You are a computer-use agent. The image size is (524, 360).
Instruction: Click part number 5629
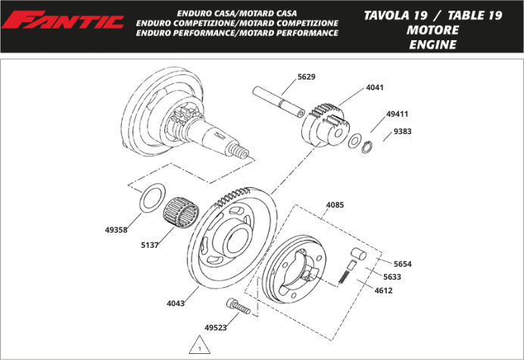point(307,77)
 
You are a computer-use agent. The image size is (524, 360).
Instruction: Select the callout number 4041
point(375,87)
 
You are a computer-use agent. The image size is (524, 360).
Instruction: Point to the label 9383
point(402,131)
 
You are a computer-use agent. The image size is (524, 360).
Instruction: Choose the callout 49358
point(116,228)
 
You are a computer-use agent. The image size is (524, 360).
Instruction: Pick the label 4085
point(335,205)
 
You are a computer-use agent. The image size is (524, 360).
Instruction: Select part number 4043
point(176,303)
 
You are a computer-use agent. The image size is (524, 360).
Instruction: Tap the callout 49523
point(216,328)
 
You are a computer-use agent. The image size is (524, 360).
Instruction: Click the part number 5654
point(402,264)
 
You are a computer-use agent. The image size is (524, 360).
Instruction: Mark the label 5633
point(392,277)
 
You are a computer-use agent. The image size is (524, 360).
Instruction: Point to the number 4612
point(383,290)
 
